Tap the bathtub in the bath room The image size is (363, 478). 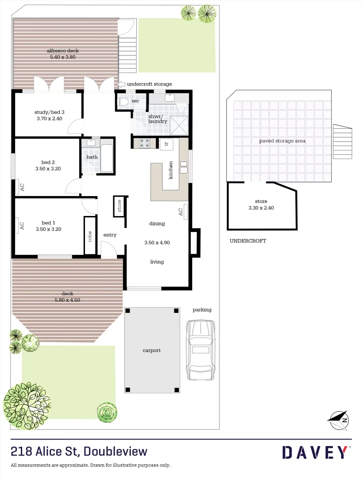[107, 158]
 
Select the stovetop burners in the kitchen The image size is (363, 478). [145, 143]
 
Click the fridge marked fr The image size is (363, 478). [166, 144]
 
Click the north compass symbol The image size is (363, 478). [339, 419]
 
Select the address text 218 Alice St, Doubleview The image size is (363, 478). [79, 451]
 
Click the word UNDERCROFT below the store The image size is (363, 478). [247, 241]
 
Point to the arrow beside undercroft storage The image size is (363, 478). [122, 84]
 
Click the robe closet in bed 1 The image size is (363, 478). [90, 235]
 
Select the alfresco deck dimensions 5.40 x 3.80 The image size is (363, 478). [64, 57]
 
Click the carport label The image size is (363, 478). [151, 351]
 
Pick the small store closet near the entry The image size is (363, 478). [119, 206]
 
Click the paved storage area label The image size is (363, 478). [282, 141]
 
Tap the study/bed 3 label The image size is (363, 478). [50, 112]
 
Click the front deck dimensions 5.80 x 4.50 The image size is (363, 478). [67, 300]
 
